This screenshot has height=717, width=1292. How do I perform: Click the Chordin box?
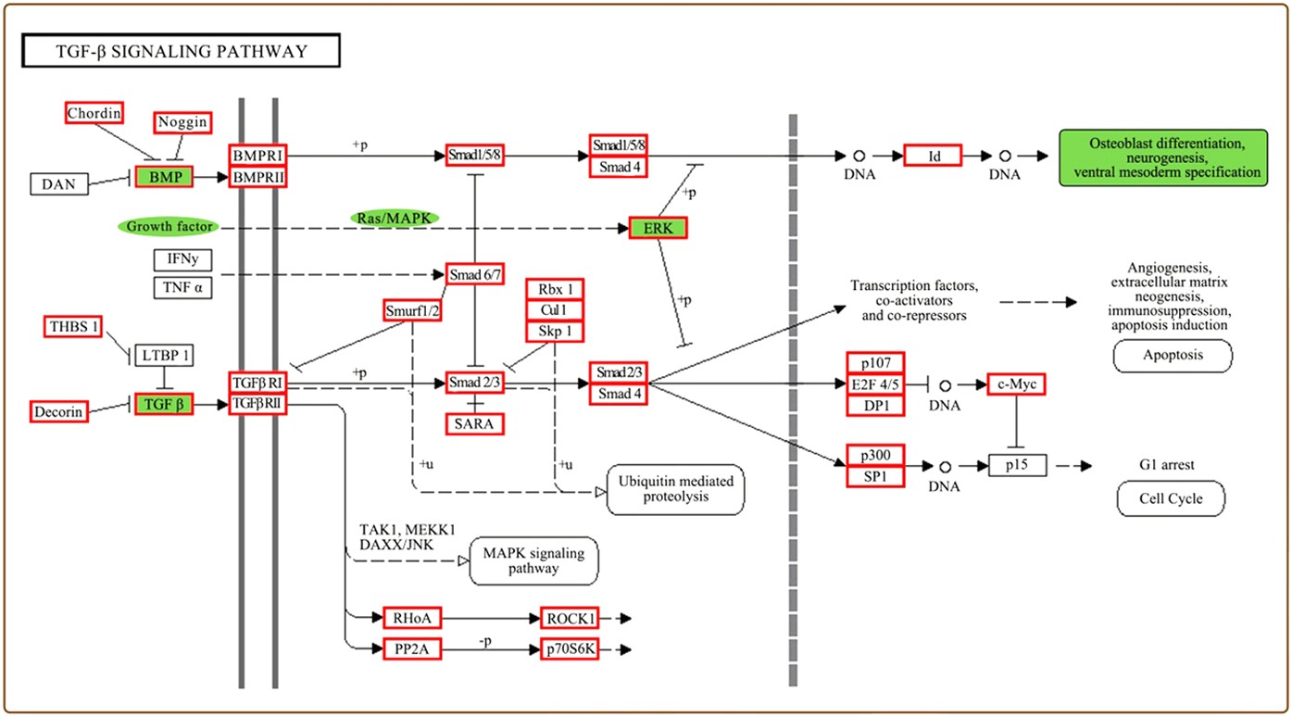click(x=94, y=113)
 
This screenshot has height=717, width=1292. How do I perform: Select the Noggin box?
click(x=182, y=122)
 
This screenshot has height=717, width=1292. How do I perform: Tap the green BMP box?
click(x=164, y=176)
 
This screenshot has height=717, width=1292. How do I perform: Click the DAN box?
click(x=59, y=183)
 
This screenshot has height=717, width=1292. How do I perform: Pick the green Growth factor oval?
click(x=169, y=226)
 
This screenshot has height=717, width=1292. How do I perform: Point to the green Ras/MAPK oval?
click(x=395, y=217)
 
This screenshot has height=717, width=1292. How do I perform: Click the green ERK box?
click(x=658, y=228)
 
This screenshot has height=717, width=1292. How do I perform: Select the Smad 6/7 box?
click(x=475, y=274)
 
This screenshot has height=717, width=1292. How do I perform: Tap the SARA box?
click(x=475, y=424)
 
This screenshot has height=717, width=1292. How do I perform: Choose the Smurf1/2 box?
click(x=412, y=310)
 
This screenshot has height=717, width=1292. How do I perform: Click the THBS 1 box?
click(x=72, y=326)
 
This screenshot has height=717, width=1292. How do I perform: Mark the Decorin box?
click(x=59, y=410)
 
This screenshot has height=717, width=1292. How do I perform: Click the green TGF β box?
click(x=164, y=404)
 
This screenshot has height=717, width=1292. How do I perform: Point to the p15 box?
click(x=1017, y=465)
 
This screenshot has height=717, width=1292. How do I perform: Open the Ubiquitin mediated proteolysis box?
click(x=675, y=489)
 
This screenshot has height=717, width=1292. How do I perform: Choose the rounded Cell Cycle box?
click(x=1172, y=498)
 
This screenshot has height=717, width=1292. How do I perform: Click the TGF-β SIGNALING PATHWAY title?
click(x=182, y=52)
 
